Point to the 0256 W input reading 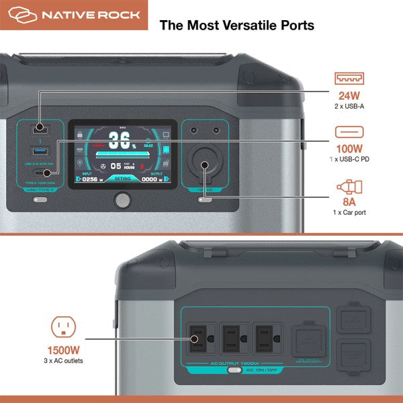point(91,179)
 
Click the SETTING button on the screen point(122,179)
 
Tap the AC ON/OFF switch point(235,369)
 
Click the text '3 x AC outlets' point(65,361)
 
